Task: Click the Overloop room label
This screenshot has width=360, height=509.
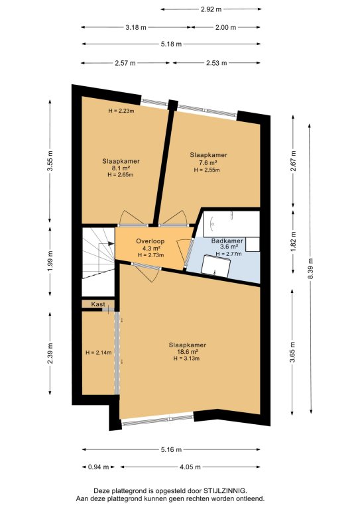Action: point(150,241)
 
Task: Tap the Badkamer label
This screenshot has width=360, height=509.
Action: point(227,241)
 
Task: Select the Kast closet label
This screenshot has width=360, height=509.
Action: point(97,304)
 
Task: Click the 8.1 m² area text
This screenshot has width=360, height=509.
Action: point(121,168)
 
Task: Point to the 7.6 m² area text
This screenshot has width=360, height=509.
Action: point(208,162)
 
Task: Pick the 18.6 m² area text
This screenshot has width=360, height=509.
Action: point(188,352)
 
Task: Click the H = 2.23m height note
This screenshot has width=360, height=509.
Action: point(121,111)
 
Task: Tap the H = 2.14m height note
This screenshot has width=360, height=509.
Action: point(98,353)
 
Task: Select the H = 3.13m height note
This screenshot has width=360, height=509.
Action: point(186,359)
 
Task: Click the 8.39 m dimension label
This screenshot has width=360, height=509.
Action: point(311,268)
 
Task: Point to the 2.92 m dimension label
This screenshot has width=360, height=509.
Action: point(211,9)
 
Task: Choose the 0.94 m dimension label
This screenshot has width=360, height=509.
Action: point(98,467)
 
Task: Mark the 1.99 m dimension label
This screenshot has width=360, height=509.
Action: point(50,262)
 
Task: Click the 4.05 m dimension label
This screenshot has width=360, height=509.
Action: point(190,467)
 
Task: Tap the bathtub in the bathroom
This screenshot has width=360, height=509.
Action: point(231,224)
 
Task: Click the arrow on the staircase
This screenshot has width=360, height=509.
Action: point(107,243)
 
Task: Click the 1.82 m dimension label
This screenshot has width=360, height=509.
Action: point(293,241)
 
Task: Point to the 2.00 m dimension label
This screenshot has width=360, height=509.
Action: point(225,28)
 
